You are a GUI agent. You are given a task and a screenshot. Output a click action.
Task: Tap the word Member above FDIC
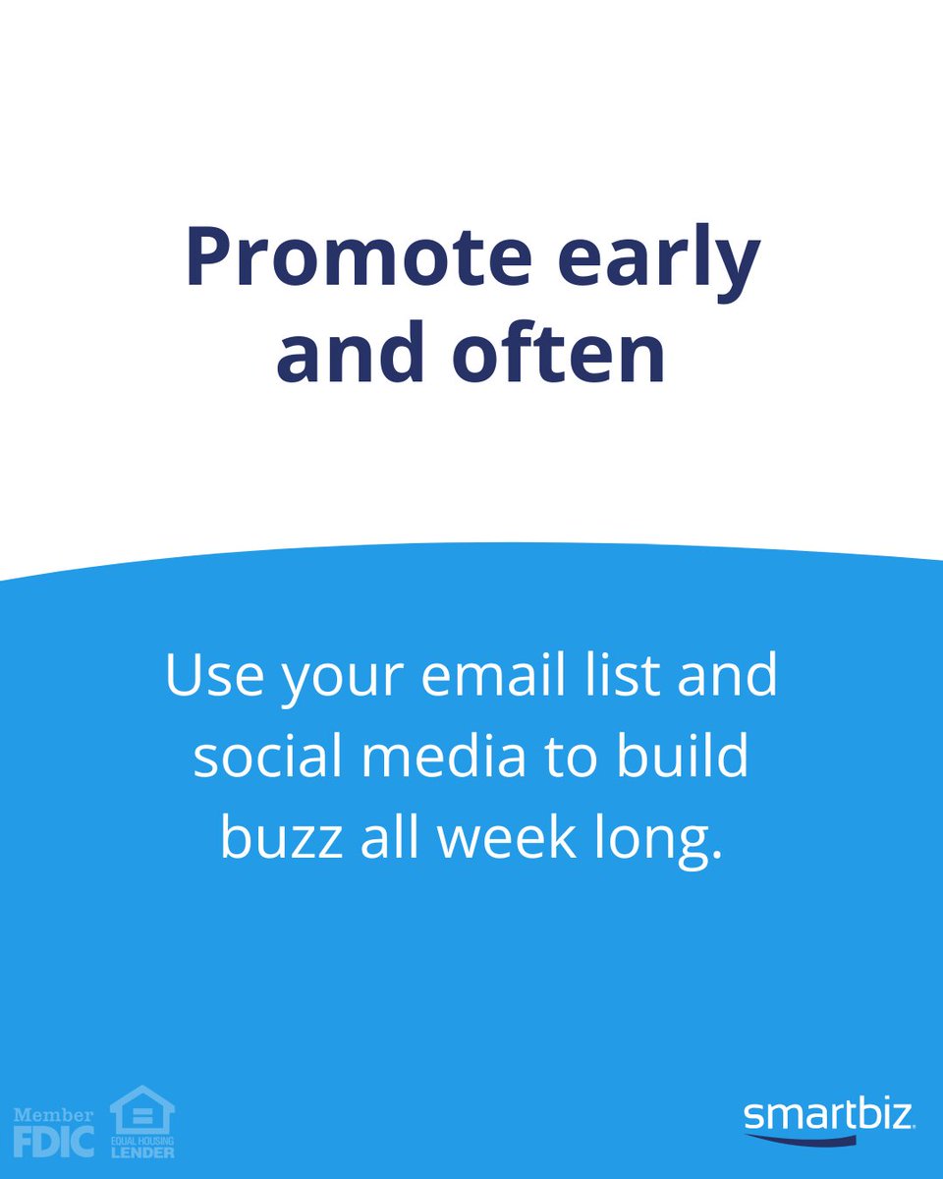click(x=53, y=1116)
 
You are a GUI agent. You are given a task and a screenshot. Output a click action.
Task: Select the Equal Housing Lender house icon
click(x=142, y=1110)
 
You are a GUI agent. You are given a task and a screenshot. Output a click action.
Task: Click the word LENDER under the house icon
click(x=142, y=1151)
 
